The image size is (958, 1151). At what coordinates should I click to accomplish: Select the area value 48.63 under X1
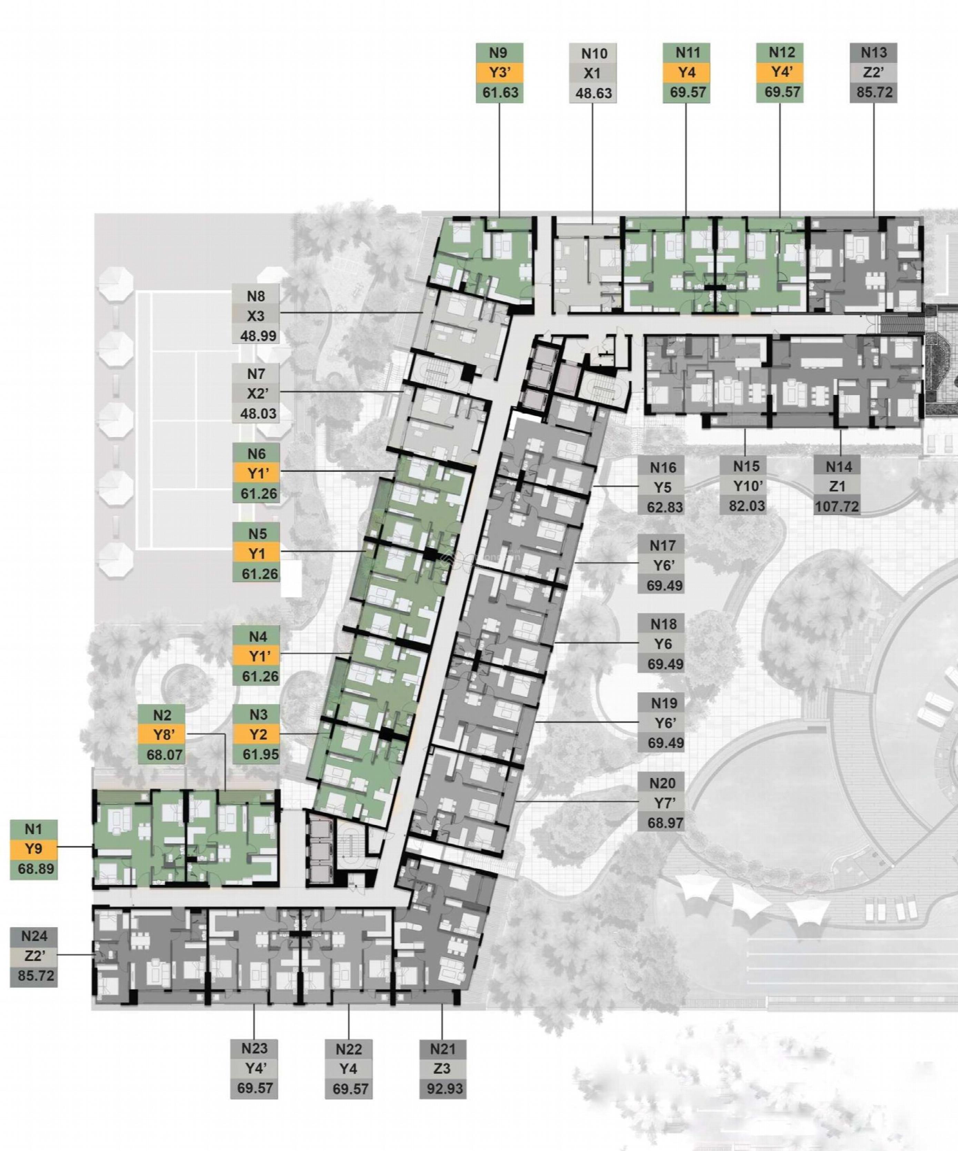593,93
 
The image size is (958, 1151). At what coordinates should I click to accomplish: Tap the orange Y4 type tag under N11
687,73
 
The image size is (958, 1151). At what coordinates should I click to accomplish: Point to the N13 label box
873,53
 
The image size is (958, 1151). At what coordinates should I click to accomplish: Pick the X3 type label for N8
256,316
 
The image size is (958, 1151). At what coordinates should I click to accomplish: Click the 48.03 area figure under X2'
256,413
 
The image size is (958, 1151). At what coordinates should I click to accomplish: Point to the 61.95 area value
257,754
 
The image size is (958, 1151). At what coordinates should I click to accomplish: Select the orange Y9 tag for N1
34,849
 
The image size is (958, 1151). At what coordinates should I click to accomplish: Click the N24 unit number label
34,935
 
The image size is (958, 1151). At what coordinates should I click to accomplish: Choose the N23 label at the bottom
254,1049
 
